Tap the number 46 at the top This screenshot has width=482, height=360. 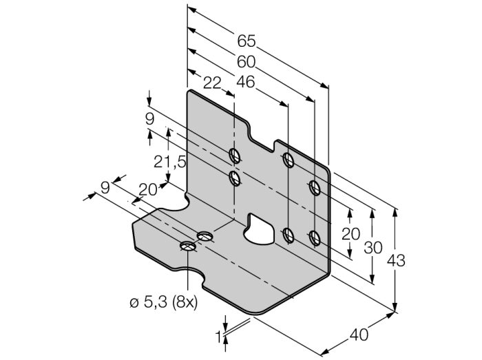coord(245,82)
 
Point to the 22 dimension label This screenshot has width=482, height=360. coord(213,82)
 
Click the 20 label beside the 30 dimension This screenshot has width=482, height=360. coord(351,233)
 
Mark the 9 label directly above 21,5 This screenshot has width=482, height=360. coord(150,118)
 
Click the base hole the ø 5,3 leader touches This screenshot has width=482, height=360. coord(187,246)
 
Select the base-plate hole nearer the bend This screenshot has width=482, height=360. coord(205,237)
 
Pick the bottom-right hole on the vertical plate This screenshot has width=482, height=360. coord(315,238)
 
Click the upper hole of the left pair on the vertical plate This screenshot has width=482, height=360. coord(235,154)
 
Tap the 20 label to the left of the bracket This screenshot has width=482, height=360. coord(147,190)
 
